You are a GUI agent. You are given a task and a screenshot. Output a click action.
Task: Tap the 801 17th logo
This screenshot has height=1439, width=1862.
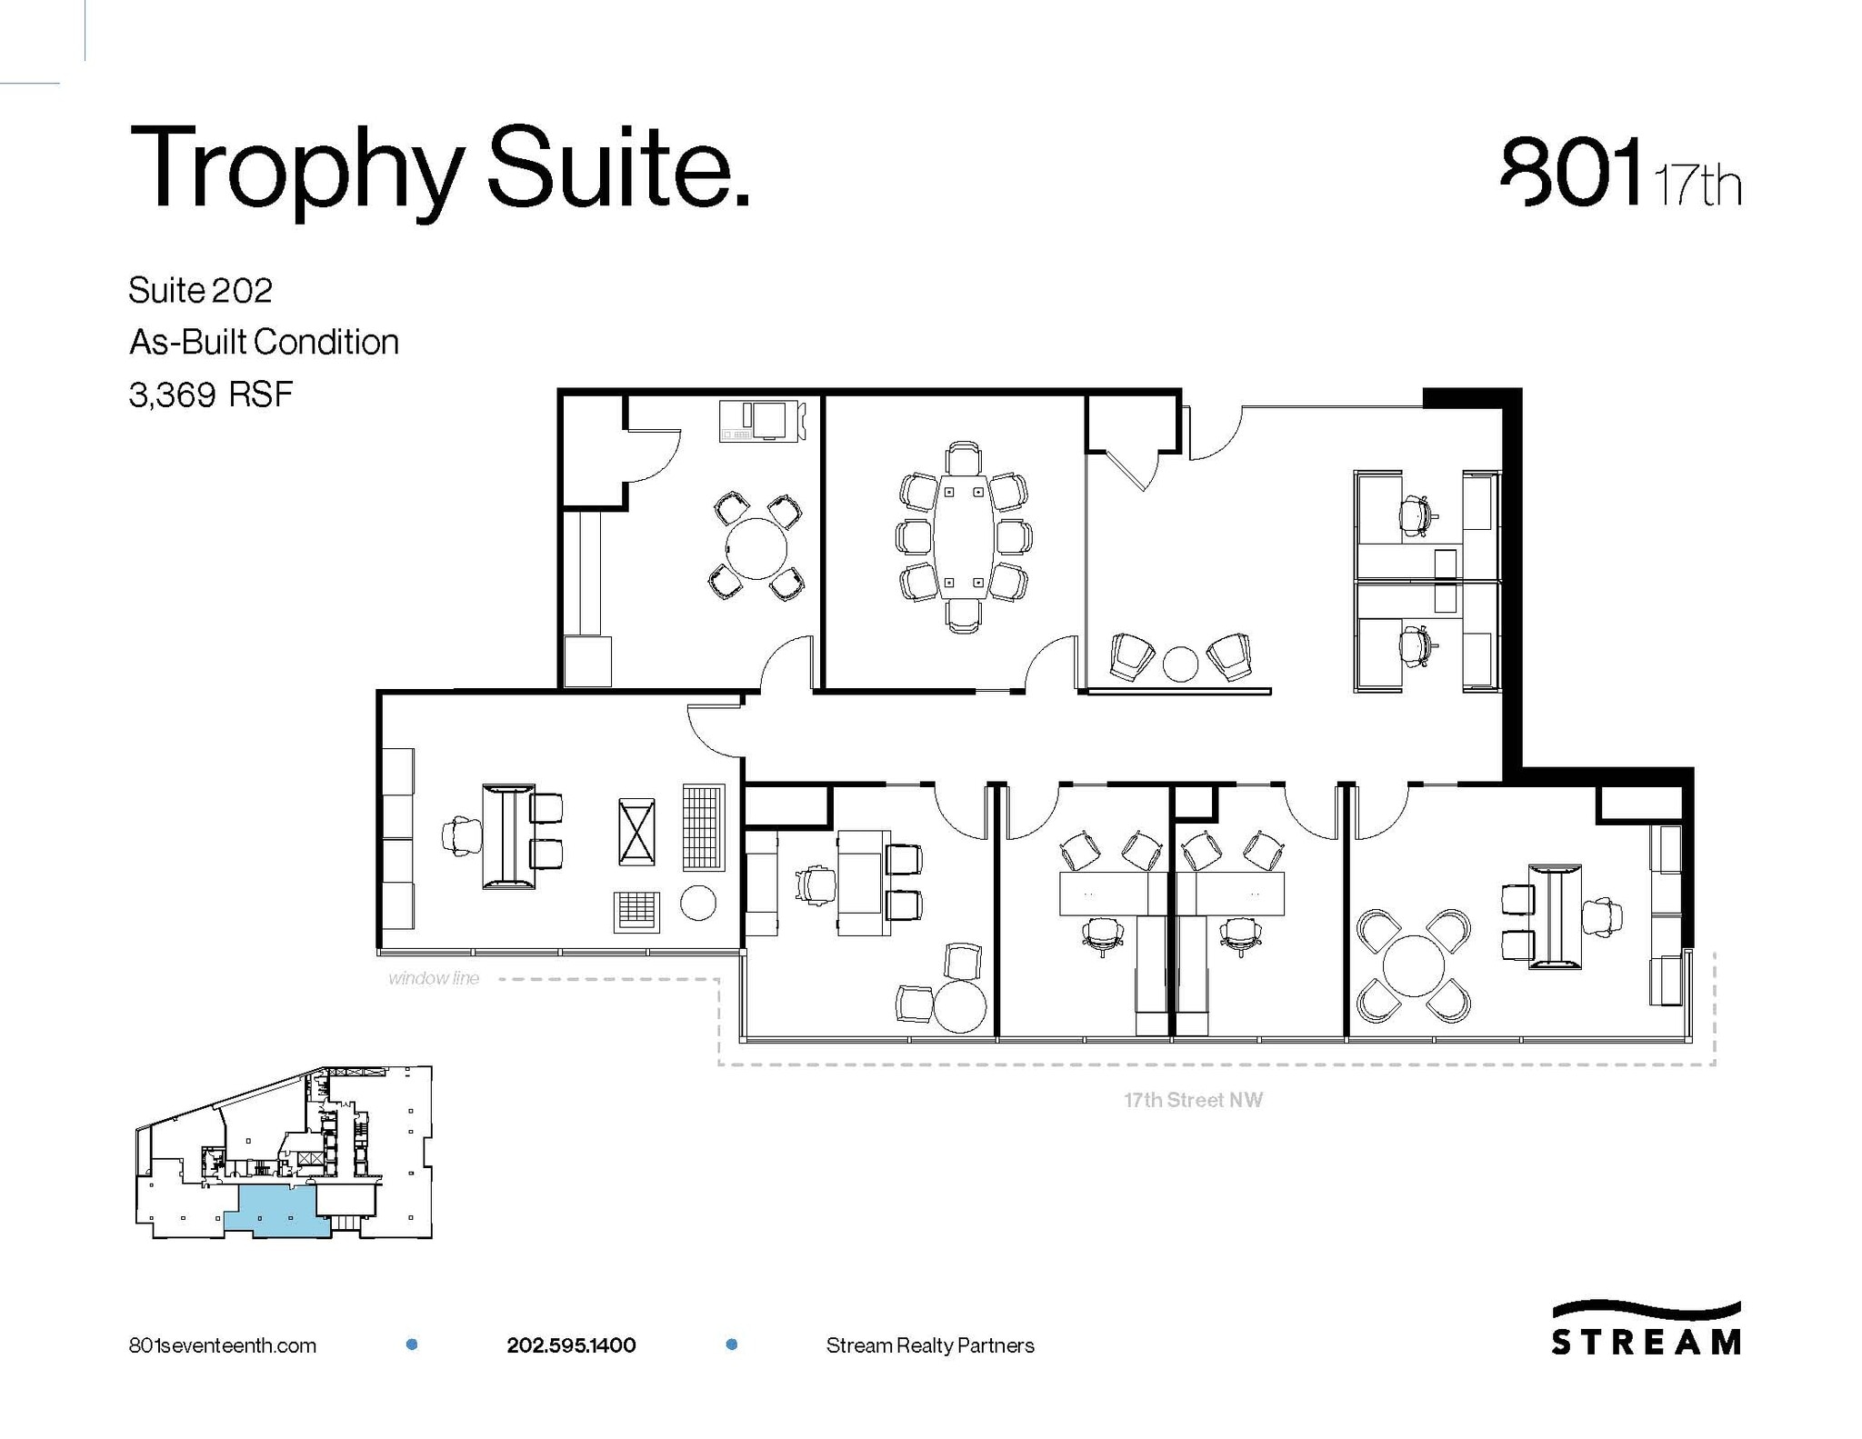click(x=1620, y=174)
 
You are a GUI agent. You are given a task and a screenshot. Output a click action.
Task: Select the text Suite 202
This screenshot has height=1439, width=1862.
click(x=200, y=291)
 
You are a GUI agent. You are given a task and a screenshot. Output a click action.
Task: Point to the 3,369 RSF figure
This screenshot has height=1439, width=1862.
click(x=211, y=395)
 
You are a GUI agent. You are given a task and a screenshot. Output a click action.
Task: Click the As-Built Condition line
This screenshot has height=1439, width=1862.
click(x=264, y=343)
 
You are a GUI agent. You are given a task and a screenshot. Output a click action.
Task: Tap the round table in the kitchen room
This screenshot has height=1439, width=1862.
click(x=756, y=548)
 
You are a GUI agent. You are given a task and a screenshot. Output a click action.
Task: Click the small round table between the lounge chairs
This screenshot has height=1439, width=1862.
click(x=1181, y=663)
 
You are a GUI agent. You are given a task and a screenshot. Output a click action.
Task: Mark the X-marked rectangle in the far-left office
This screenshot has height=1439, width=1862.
click(x=636, y=831)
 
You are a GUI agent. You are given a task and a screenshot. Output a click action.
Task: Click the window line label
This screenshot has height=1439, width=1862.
click(x=434, y=979)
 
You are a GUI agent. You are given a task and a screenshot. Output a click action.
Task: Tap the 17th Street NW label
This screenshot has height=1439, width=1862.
click(x=1193, y=1100)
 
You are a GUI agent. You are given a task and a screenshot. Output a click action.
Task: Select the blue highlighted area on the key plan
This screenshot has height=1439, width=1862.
click(x=277, y=1214)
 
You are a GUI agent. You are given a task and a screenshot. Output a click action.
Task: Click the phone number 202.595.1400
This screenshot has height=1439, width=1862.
click(x=571, y=1345)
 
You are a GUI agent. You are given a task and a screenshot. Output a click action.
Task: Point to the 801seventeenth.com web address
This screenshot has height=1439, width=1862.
click(x=223, y=1345)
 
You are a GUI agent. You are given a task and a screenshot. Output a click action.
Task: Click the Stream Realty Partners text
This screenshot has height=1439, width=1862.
click(x=930, y=1345)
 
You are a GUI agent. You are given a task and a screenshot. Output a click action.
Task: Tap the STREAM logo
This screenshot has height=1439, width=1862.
click(x=1646, y=1329)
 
